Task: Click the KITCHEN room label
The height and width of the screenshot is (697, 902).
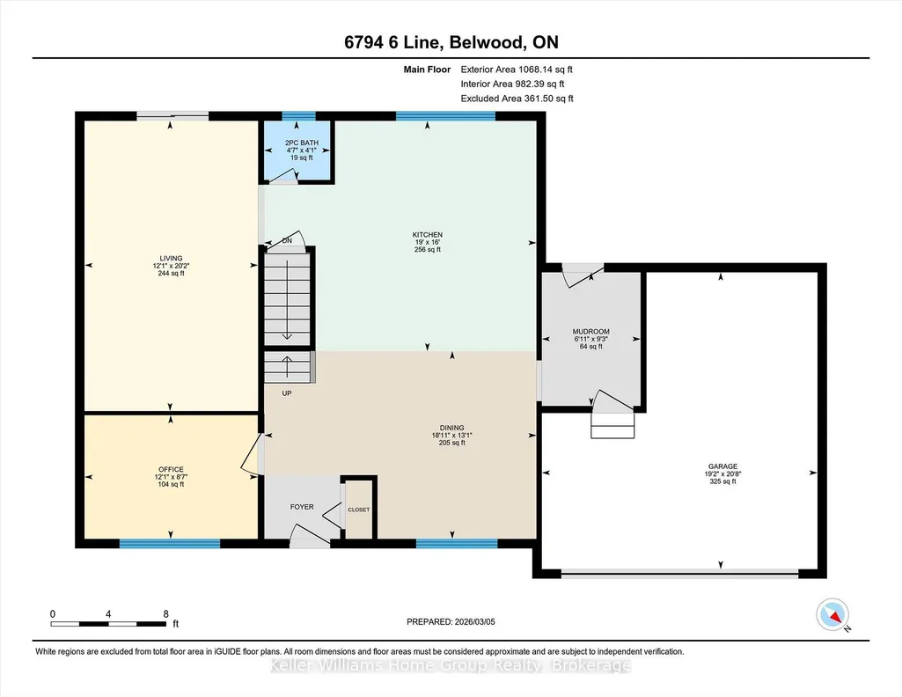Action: (428, 235)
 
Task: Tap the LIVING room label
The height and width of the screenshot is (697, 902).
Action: (171, 258)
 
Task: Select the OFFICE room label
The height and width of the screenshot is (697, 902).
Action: (171, 469)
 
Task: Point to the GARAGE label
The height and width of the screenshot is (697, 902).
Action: (722, 466)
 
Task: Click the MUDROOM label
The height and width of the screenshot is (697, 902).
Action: (590, 331)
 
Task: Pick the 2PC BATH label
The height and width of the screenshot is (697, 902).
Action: (302, 143)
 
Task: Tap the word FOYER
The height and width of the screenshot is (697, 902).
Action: (302, 507)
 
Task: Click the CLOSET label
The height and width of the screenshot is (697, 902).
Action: (359, 510)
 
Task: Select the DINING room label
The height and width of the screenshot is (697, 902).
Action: (451, 428)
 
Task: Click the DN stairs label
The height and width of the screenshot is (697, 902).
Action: (287, 240)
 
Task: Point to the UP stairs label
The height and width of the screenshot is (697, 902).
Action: (287, 393)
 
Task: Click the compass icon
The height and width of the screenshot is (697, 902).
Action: (832, 615)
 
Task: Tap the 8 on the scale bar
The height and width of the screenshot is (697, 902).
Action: (165, 613)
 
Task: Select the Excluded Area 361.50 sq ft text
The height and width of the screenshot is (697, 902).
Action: (517, 99)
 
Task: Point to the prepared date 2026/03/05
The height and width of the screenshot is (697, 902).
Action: (474, 621)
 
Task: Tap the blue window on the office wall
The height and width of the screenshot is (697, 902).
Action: (170, 544)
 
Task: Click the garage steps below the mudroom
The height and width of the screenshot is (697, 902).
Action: (612, 426)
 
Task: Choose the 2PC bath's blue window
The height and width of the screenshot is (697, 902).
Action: (298, 115)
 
